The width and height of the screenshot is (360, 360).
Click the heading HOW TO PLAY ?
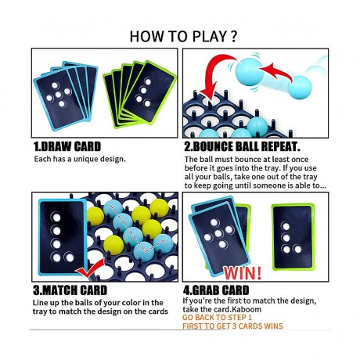pos(183,36)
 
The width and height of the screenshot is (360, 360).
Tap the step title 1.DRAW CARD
pos(67,146)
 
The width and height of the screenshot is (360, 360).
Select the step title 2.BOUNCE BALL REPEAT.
pos(242,146)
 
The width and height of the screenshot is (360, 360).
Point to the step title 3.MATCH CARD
pos(70,290)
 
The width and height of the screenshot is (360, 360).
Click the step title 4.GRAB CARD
pos(216,290)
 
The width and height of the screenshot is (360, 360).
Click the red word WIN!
pos(243,273)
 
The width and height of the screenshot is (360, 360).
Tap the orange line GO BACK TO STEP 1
pos(218,318)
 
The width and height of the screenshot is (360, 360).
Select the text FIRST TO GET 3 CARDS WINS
pos(232,326)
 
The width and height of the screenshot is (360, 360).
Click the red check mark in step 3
pos(91,268)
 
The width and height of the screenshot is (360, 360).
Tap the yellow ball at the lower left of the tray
pos(113,245)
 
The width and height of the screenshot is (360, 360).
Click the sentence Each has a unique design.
pos(80,159)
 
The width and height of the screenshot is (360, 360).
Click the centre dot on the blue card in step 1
pos(59,95)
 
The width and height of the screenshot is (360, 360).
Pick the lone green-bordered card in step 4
pos(293,237)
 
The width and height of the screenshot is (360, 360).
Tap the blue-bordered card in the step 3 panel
pos(63,237)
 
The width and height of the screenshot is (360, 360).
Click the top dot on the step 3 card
pos(56,217)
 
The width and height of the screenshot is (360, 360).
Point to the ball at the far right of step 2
pos(300,88)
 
